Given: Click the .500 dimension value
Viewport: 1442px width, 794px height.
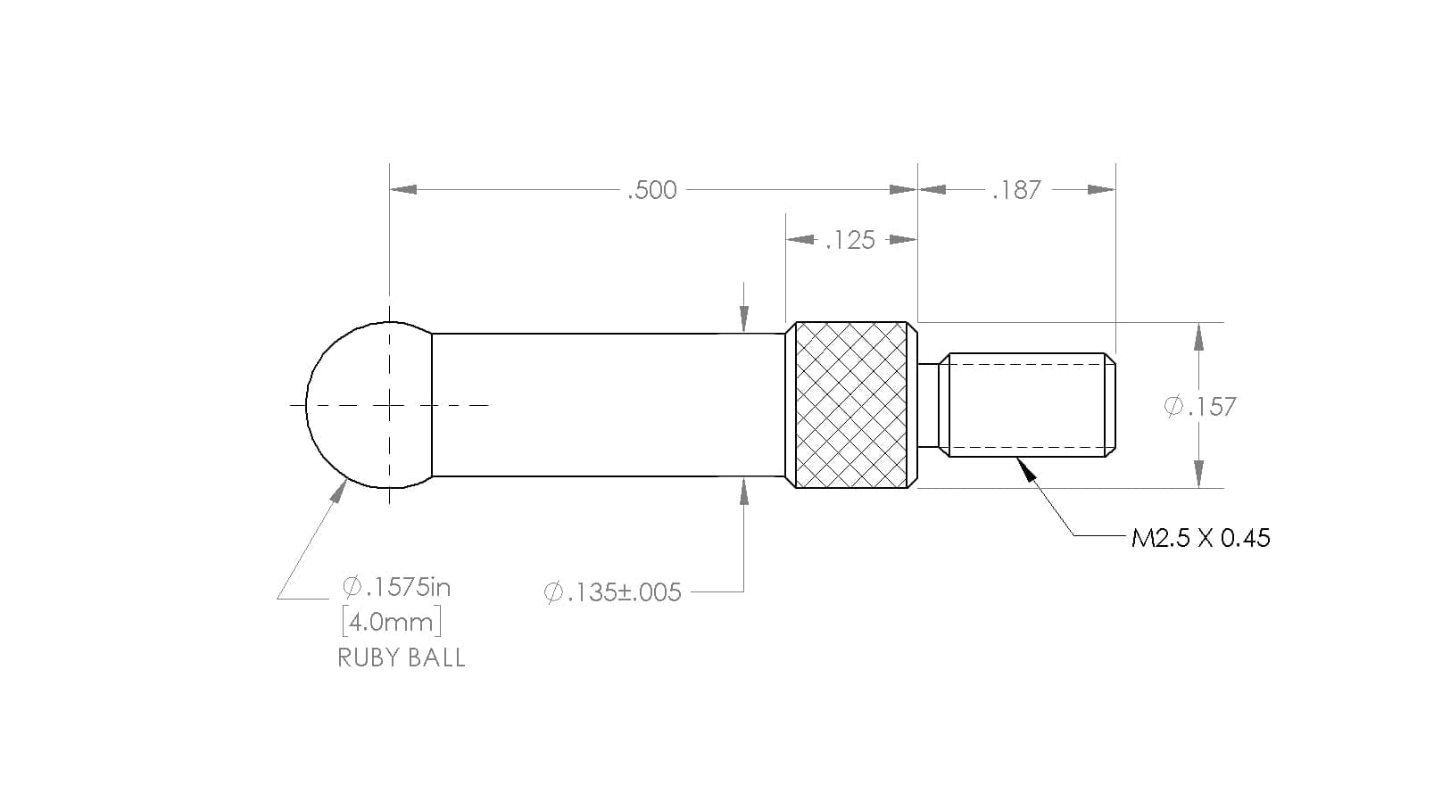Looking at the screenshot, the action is [x=652, y=190].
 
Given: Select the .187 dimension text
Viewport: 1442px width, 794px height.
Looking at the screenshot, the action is [x=1016, y=190].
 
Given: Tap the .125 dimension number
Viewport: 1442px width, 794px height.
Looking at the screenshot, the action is [x=850, y=240].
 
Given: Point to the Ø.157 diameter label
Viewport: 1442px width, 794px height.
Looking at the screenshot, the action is [x=1200, y=407].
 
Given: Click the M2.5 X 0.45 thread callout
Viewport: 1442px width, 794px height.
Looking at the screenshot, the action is [x=1201, y=538].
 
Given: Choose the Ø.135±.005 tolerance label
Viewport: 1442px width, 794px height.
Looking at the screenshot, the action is [x=612, y=592].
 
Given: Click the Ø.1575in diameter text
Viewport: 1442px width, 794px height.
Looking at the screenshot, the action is [x=396, y=587].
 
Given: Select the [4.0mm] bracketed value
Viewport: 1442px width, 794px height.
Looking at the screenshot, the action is [x=392, y=622].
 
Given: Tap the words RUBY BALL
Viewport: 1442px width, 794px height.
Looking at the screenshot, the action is [x=402, y=658].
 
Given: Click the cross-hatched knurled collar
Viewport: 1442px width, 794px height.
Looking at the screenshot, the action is [x=851, y=405].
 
